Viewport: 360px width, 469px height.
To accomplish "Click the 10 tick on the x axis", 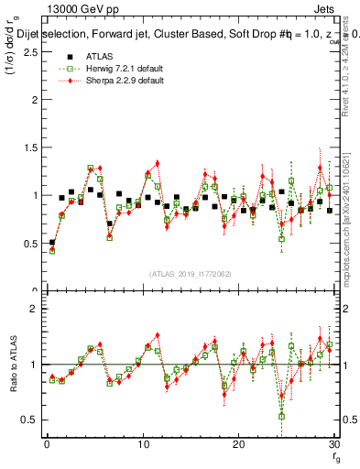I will (x=143, y=444).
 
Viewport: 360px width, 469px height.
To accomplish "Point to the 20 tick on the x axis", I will (x=238, y=444).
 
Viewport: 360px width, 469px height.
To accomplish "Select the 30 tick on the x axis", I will (x=333, y=444).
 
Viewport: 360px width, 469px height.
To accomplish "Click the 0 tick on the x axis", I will (x=47, y=444).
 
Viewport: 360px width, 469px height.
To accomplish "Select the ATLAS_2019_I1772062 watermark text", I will (x=191, y=273).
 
